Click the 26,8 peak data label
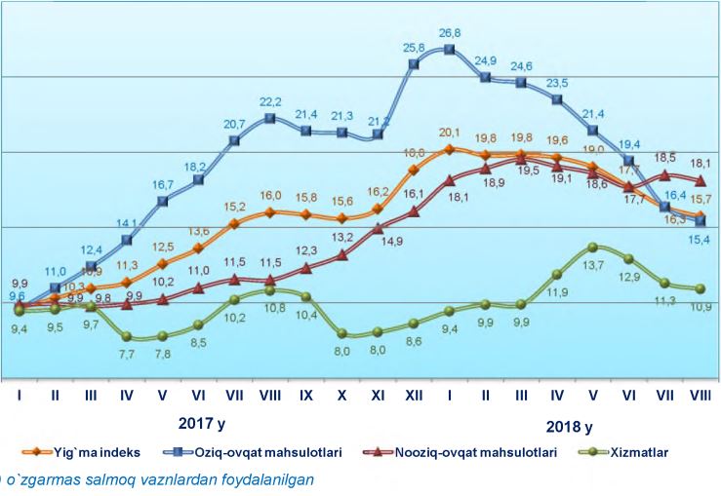tap(450, 32)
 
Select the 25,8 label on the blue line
tap(414, 47)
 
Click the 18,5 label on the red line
tap(664, 157)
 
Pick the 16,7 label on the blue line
tap(163, 184)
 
